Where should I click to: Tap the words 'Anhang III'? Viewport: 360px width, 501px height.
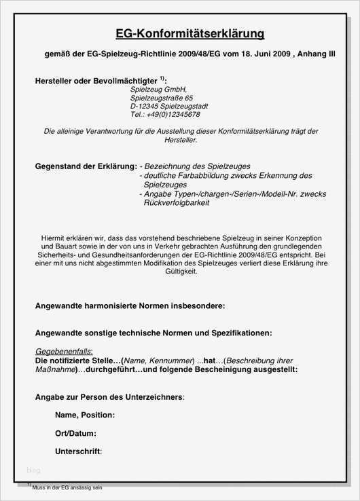pyautogui.click(x=317, y=54)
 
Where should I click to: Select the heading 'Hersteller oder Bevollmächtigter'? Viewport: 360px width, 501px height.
pyautogui.click(x=100, y=81)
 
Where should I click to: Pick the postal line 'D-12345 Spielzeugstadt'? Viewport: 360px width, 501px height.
pyautogui.click(x=169, y=107)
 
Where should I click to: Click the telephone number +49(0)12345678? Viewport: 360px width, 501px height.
pyautogui.click(x=165, y=115)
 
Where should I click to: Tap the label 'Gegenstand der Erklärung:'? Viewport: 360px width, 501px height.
pyautogui.click(x=86, y=166)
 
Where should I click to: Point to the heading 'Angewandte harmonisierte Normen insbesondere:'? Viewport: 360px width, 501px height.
pyautogui.click(x=130, y=306)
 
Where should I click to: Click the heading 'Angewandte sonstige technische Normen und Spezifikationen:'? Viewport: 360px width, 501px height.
pyautogui.click(x=154, y=333)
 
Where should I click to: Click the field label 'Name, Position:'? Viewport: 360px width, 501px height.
pyautogui.click(x=85, y=415)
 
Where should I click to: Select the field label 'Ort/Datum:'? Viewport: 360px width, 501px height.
pyautogui.click(x=75, y=433)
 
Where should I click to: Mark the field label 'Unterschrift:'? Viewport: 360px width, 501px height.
pyautogui.click(x=78, y=451)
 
